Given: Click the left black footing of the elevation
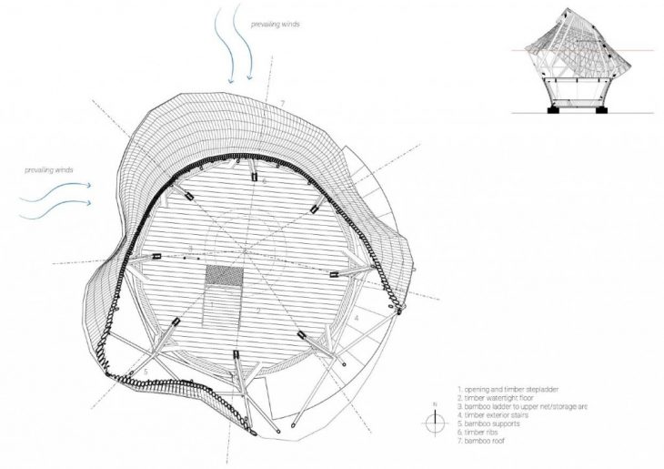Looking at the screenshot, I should coord(552,110).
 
